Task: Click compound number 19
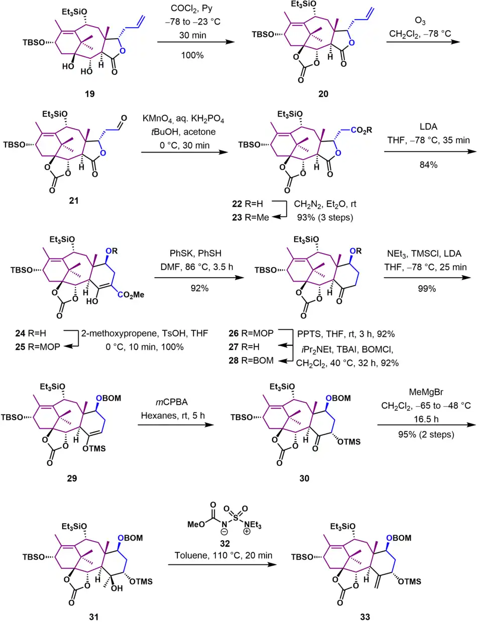(89, 94)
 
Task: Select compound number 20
(323, 94)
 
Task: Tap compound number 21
(74, 200)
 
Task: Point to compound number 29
(72, 478)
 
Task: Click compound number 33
(365, 617)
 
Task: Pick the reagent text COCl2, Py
(192, 9)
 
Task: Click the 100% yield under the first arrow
(192, 55)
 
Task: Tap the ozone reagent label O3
(420, 21)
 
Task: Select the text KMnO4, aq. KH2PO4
(183, 118)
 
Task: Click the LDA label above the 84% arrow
(428, 127)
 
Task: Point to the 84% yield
(428, 165)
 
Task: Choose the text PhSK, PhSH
(195, 254)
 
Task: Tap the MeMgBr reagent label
(426, 392)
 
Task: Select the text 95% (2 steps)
(426, 434)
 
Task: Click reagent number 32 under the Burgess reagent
(224, 543)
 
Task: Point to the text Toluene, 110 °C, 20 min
(223, 555)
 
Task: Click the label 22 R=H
(247, 204)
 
